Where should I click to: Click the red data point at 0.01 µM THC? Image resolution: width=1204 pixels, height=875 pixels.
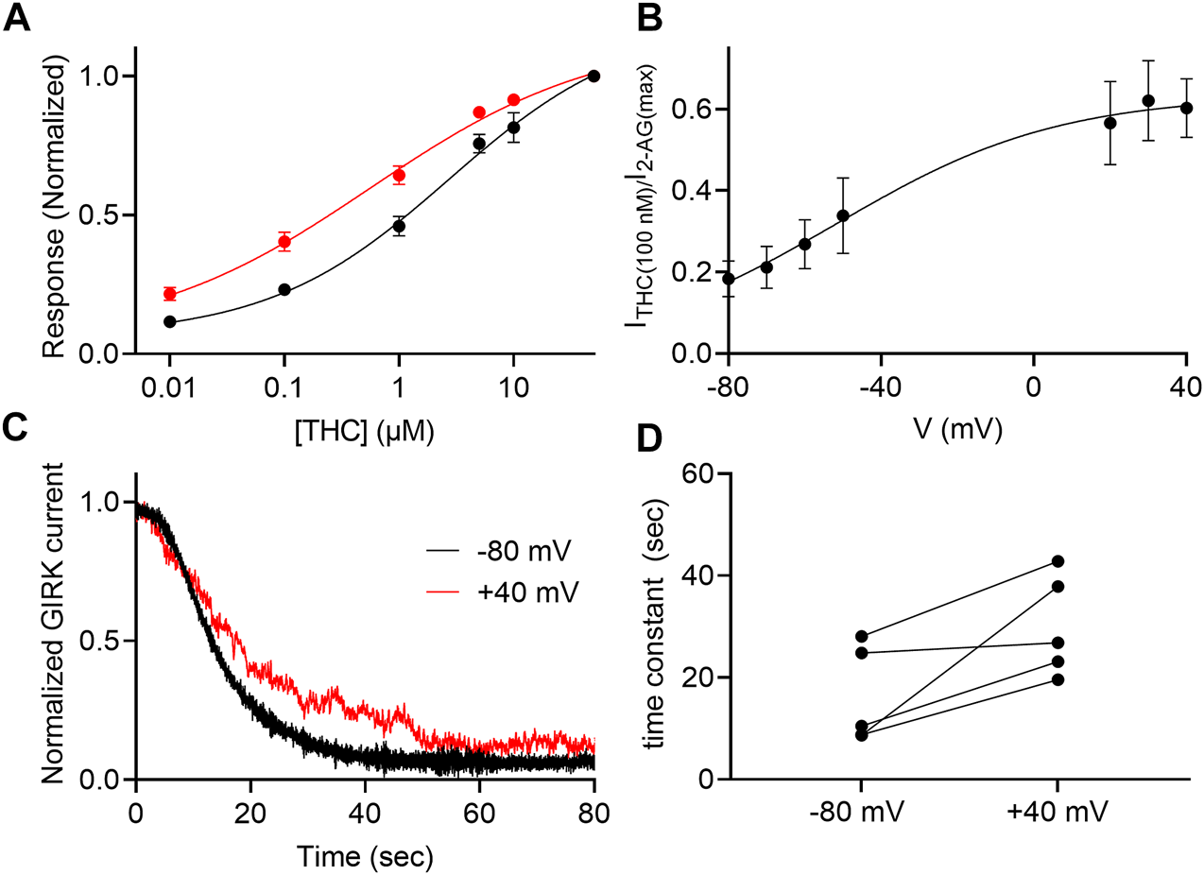pos(170,294)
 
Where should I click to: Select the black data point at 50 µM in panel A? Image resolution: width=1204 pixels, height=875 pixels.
pos(593,76)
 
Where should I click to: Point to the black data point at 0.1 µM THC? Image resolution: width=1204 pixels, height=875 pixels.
pos(284,289)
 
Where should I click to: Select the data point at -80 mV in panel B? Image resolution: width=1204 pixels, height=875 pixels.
pos(729,279)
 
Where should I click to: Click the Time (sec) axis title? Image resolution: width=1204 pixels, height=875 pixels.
pos(366,857)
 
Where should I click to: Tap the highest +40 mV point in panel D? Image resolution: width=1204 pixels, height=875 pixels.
pos(1058,561)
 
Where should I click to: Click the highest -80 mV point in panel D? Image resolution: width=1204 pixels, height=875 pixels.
pos(862,636)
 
